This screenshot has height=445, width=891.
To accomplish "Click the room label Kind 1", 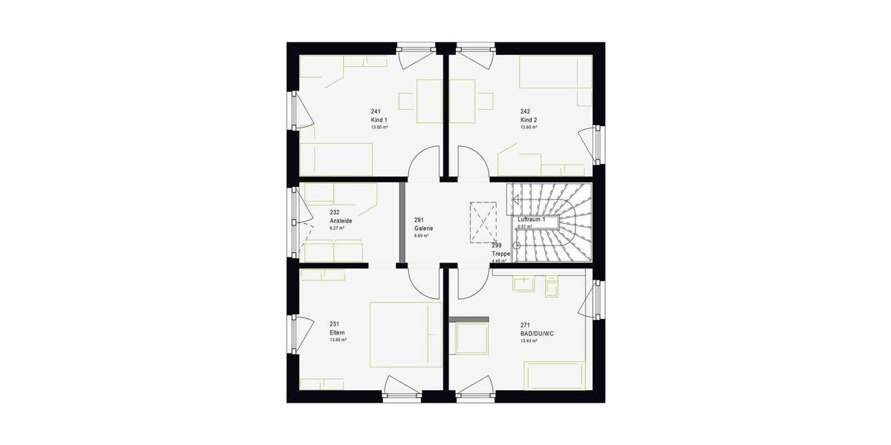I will click(379, 119).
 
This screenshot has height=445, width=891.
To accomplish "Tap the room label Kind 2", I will click(529, 119).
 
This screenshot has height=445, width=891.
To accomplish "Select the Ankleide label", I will click(340, 220).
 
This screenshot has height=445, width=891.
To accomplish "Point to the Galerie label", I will click(423, 228).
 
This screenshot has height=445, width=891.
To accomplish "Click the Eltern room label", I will click(338, 332).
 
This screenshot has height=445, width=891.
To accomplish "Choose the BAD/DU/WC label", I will click(537, 334).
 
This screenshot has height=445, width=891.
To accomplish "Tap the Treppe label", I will click(500, 253).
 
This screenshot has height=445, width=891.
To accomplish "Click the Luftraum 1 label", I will click(532, 220).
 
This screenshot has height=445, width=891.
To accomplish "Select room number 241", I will click(376, 111).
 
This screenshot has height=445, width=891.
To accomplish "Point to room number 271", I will click(525, 325).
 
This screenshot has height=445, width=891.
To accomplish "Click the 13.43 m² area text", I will click(529, 341).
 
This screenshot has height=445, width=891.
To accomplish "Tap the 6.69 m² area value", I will click(422, 236).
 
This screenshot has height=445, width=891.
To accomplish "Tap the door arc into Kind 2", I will click(472, 160).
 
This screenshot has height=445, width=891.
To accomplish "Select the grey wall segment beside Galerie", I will click(402, 222).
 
